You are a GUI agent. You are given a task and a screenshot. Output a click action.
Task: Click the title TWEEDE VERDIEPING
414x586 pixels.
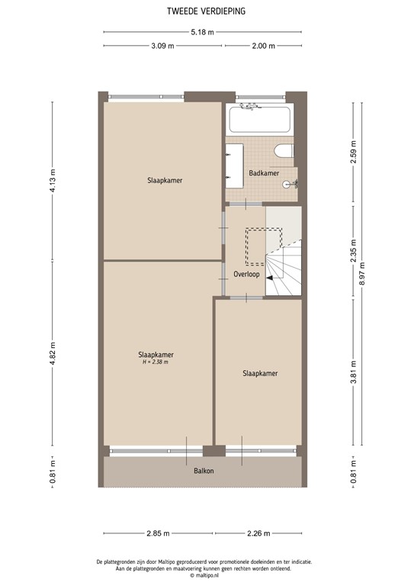(x=207, y=11)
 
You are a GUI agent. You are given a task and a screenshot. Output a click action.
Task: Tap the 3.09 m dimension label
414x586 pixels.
(x=162, y=46)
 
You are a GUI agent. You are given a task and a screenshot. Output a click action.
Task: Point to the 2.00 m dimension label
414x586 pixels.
(x=263, y=46)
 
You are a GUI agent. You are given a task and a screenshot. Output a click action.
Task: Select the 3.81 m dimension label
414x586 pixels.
(x=353, y=372)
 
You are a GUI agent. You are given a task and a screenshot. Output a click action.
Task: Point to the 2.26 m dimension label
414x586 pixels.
(x=260, y=534)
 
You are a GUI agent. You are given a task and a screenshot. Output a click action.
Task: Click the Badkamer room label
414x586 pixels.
(x=264, y=174)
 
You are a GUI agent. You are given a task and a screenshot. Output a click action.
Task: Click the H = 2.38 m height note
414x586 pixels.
(x=155, y=362)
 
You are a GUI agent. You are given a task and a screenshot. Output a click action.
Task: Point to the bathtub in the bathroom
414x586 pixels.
(x=259, y=120)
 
